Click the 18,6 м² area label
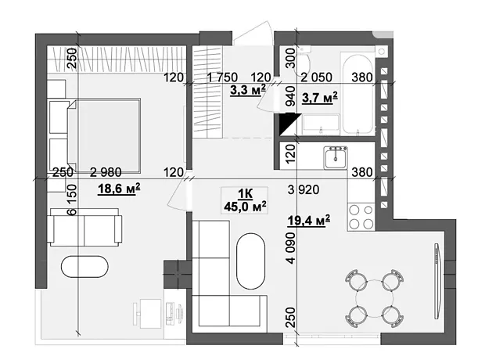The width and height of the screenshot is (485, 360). tap(119, 189)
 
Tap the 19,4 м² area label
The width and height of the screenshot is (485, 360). tap(309, 221)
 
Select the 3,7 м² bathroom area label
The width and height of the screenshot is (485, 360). tap(320, 99)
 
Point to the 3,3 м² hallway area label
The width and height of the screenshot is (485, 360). tap(248, 90)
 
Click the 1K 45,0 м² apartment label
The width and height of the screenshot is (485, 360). tap(246, 200)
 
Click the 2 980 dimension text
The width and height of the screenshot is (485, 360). tap(106, 172)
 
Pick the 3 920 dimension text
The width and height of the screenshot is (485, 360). tap(304, 189)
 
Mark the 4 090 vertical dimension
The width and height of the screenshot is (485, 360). tap(291, 248)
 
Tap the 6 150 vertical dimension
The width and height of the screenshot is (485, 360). tap(71, 200)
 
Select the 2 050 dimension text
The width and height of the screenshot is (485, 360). tap(317, 77)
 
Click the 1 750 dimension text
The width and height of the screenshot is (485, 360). tap(222, 77)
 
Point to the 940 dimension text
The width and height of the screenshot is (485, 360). tap(291, 96)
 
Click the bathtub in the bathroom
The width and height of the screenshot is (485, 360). tap(357, 95)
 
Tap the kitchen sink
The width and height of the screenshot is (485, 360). tap(336, 158)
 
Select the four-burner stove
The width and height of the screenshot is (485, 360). tap(361, 217)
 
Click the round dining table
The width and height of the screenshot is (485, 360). tap(374, 299)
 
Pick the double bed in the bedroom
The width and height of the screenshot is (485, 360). tap(104, 135)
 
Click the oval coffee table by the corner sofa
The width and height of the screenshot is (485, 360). tap(251, 261)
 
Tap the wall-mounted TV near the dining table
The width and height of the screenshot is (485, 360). tap(437, 281)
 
